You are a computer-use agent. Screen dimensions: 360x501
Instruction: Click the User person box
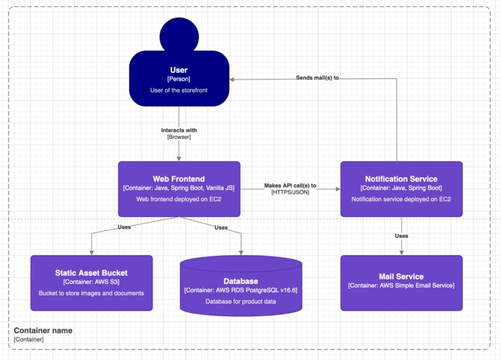pos(179,80)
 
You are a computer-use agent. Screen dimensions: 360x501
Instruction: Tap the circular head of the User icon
pos(179,35)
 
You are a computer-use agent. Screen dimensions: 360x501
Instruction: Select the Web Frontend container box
pos(179,189)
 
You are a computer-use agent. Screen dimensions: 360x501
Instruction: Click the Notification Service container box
pos(401,189)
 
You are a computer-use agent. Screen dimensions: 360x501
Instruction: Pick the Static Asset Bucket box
pos(91,283)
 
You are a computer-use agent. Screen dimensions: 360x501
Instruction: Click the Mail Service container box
pos(401,283)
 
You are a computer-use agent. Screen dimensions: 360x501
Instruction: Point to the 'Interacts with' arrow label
pos(179,130)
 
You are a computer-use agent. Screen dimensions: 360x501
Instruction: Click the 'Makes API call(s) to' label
pos(290,185)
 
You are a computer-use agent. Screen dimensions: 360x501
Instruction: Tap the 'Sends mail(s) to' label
pos(317,78)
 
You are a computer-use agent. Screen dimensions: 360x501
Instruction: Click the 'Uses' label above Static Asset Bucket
pos(125,227)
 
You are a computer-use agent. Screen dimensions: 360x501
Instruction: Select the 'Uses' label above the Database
pos(221,227)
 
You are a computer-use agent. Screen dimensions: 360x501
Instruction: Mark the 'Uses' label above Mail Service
pos(401,236)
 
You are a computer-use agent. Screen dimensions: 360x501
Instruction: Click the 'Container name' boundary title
pos(43,330)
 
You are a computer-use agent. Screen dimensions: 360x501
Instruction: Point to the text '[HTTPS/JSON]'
pos(290,192)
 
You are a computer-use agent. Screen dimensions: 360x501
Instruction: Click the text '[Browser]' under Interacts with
pos(179,137)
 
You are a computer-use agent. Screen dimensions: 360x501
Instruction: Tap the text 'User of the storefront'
pos(179,90)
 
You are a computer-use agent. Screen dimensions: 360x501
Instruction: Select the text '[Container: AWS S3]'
pos(91,282)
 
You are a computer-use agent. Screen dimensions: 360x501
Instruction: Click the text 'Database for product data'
pos(241,301)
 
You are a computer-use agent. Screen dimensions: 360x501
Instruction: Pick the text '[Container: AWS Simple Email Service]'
pos(401,286)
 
